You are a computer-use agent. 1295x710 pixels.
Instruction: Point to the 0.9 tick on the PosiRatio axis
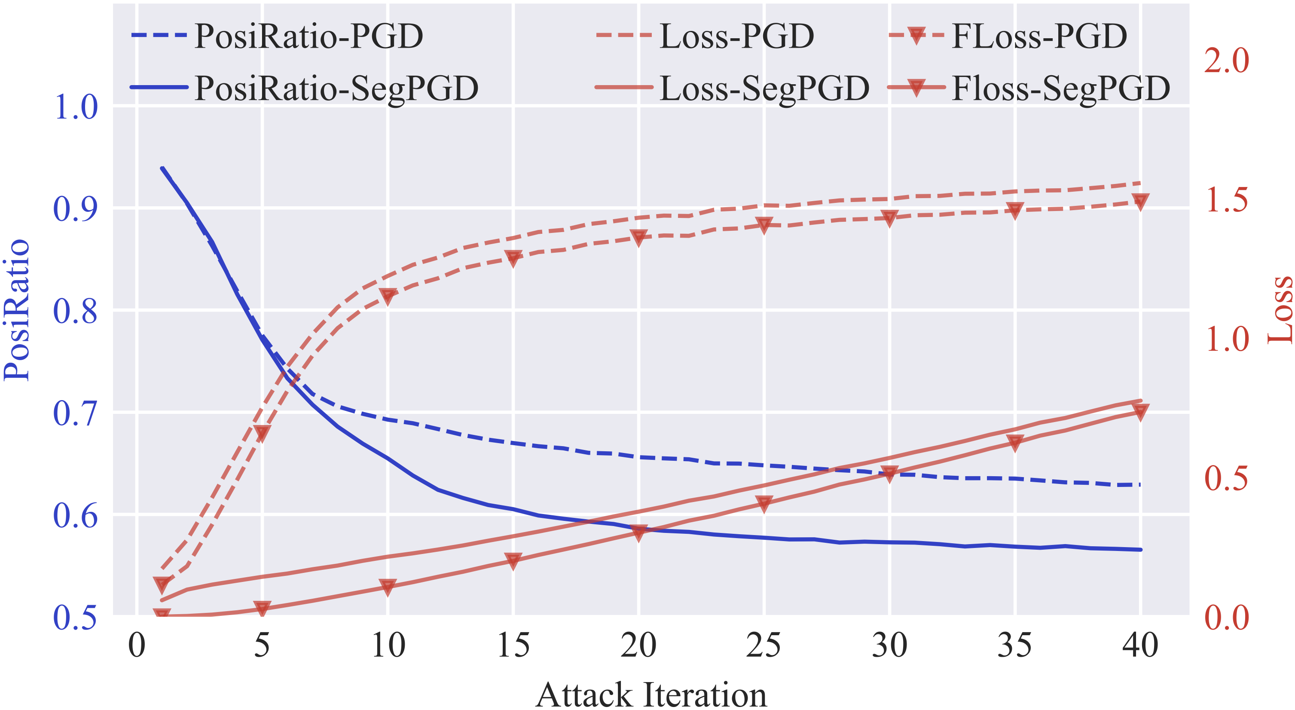click(76, 209)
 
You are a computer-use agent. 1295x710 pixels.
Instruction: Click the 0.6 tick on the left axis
click(76, 515)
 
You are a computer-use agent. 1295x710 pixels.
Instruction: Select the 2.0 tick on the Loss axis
click(1227, 61)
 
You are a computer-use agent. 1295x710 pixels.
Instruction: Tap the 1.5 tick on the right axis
click(1227, 200)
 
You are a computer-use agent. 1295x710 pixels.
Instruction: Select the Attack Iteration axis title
click(651, 695)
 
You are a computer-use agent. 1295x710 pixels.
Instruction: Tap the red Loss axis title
click(1280, 310)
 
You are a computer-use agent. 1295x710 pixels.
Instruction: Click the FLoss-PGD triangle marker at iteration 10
click(388, 296)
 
